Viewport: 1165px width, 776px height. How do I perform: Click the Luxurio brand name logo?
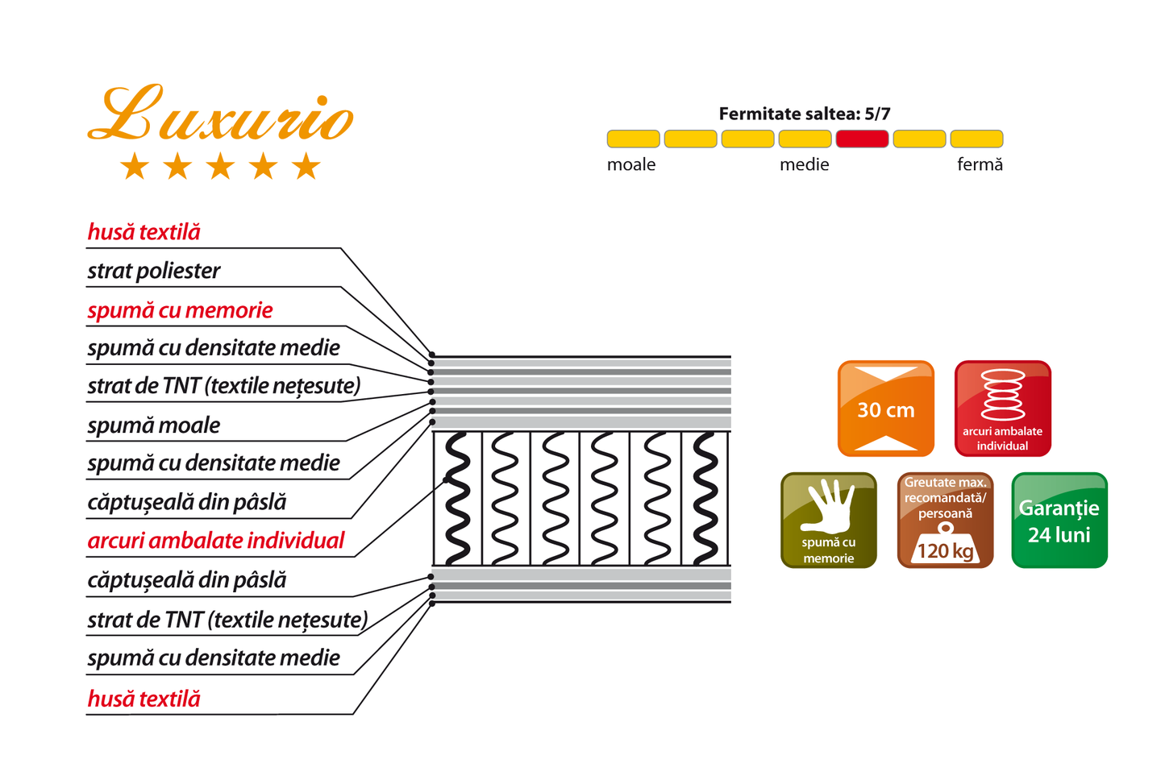221,114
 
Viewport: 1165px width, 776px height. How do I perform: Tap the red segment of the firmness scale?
862,139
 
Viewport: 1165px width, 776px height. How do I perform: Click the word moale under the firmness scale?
630,164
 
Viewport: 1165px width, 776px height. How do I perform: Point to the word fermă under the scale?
980,164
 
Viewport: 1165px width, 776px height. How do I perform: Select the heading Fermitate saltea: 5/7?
805,114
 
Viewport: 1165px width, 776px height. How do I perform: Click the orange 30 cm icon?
886,409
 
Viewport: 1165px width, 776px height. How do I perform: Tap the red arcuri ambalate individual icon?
1003,409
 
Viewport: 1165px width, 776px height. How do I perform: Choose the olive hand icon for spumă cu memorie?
829,521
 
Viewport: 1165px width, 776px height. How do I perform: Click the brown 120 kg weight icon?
945,521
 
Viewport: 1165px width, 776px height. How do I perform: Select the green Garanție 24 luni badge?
1059,521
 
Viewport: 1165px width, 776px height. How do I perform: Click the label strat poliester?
153,272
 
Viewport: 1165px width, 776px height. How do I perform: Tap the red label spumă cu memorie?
180,310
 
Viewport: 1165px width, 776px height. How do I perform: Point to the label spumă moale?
153,425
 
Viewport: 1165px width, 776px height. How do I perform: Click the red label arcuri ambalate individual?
216,541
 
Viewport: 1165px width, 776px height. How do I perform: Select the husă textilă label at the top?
144,232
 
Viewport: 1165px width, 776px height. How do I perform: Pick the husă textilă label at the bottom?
144,699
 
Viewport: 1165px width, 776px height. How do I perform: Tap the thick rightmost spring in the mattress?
705,498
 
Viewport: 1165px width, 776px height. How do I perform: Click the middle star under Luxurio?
221,166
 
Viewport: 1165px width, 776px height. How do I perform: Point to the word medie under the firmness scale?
804,164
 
